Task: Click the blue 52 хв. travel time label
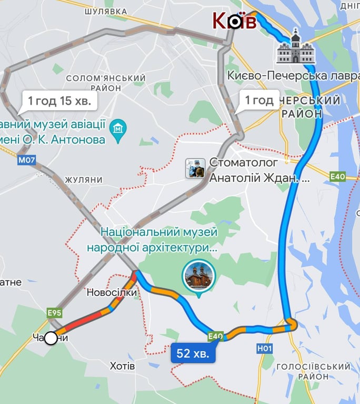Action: click(193, 353)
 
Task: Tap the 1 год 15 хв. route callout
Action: click(59, 100)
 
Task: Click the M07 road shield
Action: click(27, 160)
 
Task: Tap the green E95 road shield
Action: click(54, 313)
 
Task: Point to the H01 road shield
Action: click(265, 348)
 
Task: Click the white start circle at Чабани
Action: click(51, 338)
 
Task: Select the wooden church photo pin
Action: click(199, 276)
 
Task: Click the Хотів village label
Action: click(123, 366)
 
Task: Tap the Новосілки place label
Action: click(112, 292)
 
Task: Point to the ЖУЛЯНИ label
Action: click(84, 179)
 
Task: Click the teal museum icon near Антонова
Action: click(117, 127)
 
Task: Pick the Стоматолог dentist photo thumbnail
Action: click(195, 168)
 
